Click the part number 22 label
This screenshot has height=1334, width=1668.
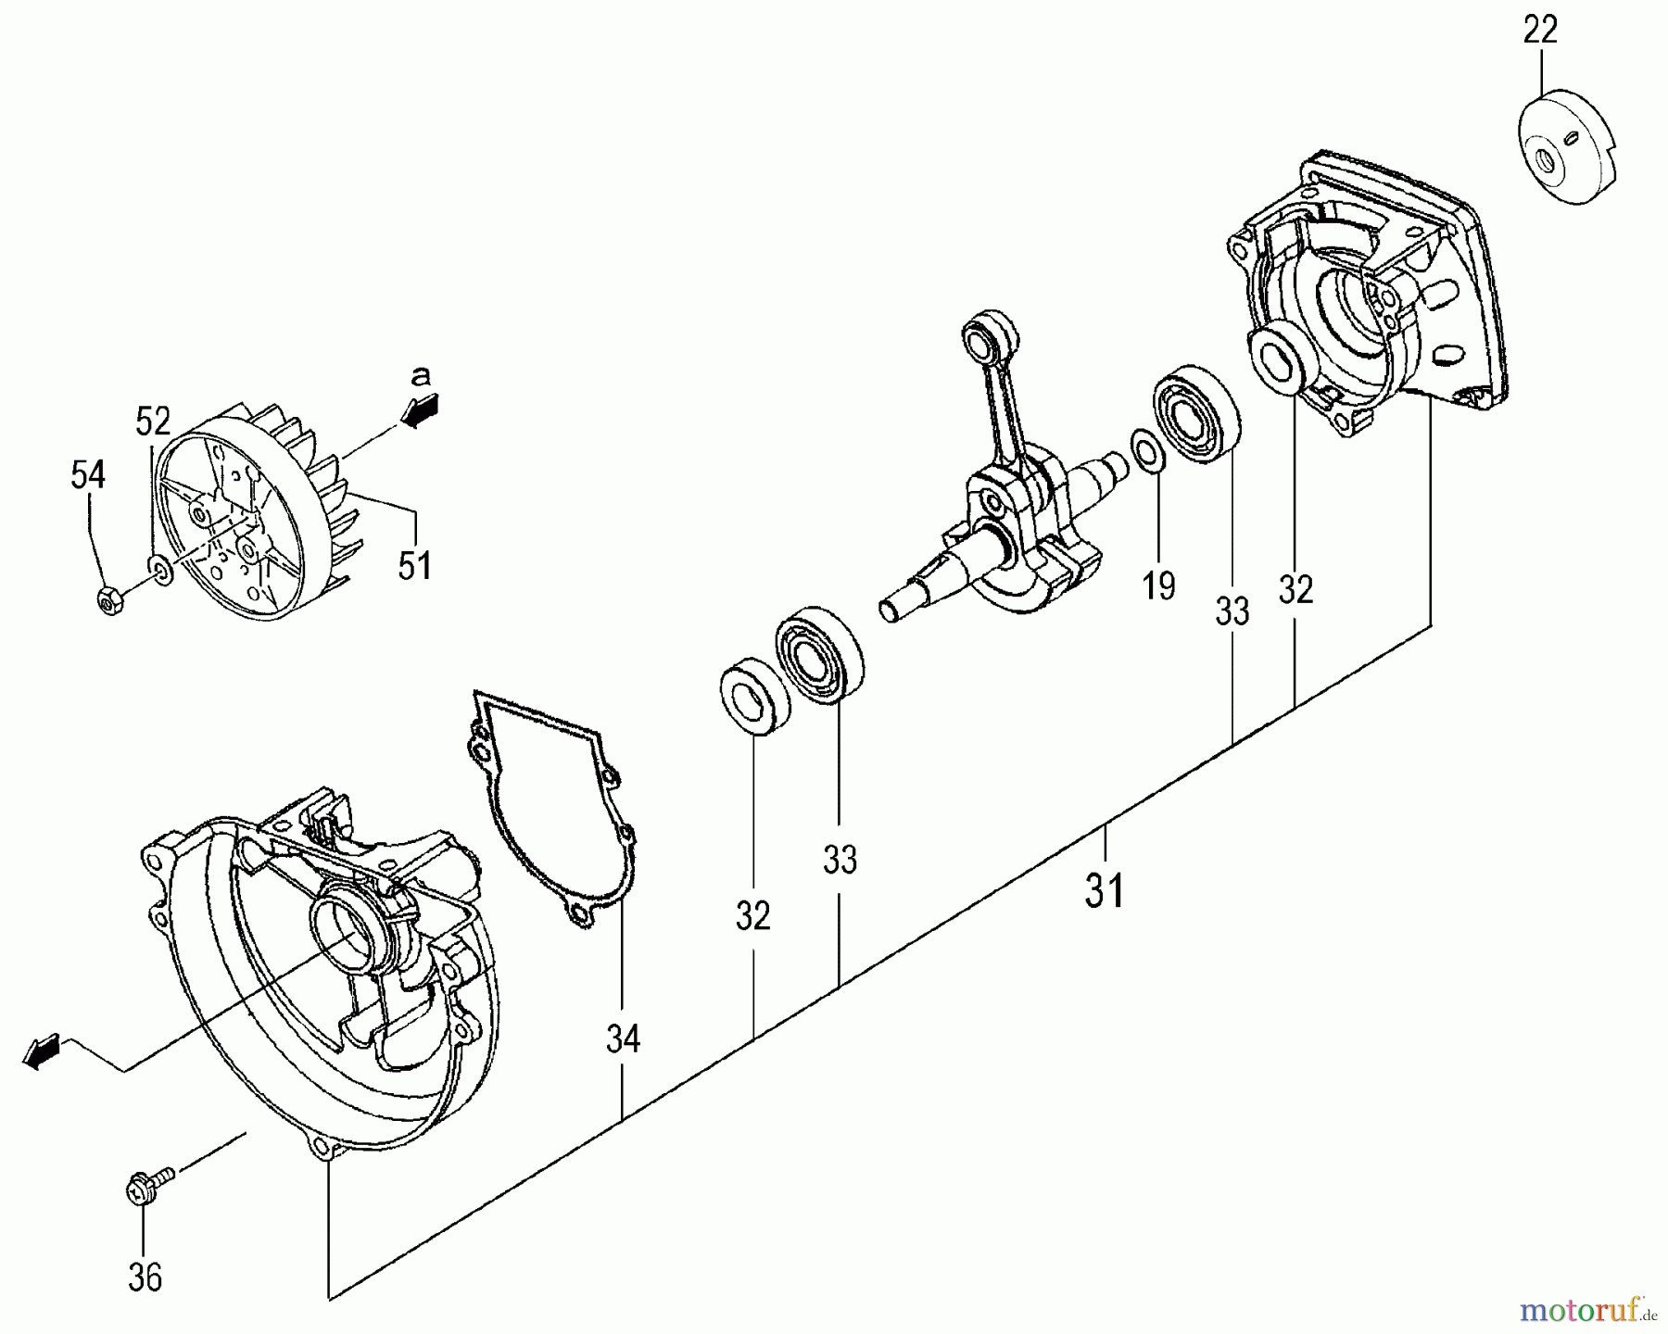point(1540,31)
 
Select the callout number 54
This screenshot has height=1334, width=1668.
point(88,475)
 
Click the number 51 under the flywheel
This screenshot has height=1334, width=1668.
point(414,565)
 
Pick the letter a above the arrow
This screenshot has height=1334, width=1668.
point(421,375)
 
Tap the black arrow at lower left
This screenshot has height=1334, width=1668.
point(40,1053)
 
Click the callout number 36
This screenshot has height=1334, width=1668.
point(145,1277)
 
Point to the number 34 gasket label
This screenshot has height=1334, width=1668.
point(623,1039)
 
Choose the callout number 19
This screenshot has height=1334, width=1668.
point(1159,585)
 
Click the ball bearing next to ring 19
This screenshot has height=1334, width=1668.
point(1196,414)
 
